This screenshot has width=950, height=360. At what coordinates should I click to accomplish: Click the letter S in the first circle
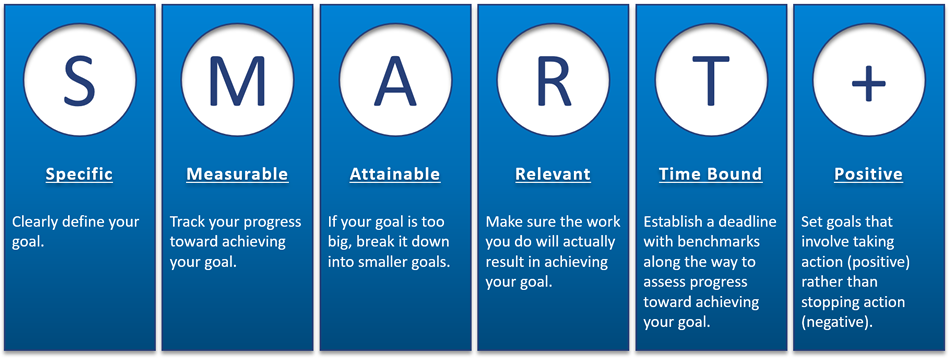(80, 80)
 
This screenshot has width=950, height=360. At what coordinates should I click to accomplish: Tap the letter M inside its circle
(237, 80)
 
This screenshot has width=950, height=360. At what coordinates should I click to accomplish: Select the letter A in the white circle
(395, 80)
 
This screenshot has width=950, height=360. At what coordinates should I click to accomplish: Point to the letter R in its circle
(554, 80)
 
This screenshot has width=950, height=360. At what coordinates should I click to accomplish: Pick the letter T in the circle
(711, 80)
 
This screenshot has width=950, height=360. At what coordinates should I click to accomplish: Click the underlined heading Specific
(79, 175)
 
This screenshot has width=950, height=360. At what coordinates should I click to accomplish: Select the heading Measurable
(237, 175)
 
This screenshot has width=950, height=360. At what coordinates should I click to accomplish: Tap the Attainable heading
(395, 175)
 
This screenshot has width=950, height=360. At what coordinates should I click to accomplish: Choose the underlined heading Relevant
(553, 175)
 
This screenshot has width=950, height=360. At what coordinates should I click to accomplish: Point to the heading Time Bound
(711, 175)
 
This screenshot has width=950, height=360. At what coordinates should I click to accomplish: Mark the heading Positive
(868, 175)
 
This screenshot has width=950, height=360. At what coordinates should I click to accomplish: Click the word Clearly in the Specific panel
(32, 222)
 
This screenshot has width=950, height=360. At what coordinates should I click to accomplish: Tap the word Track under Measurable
(186, 222)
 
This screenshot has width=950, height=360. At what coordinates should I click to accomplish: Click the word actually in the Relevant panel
(591, 242)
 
